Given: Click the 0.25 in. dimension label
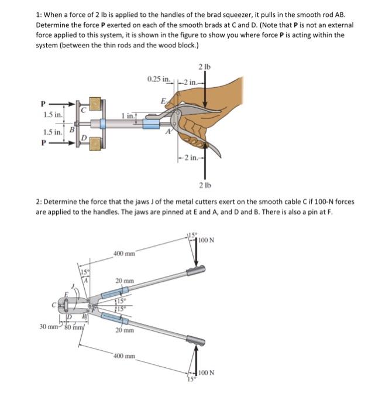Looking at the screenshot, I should (159, 78).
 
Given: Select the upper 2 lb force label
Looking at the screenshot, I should (204, 66).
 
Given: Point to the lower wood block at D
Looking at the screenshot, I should (93, 146).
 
